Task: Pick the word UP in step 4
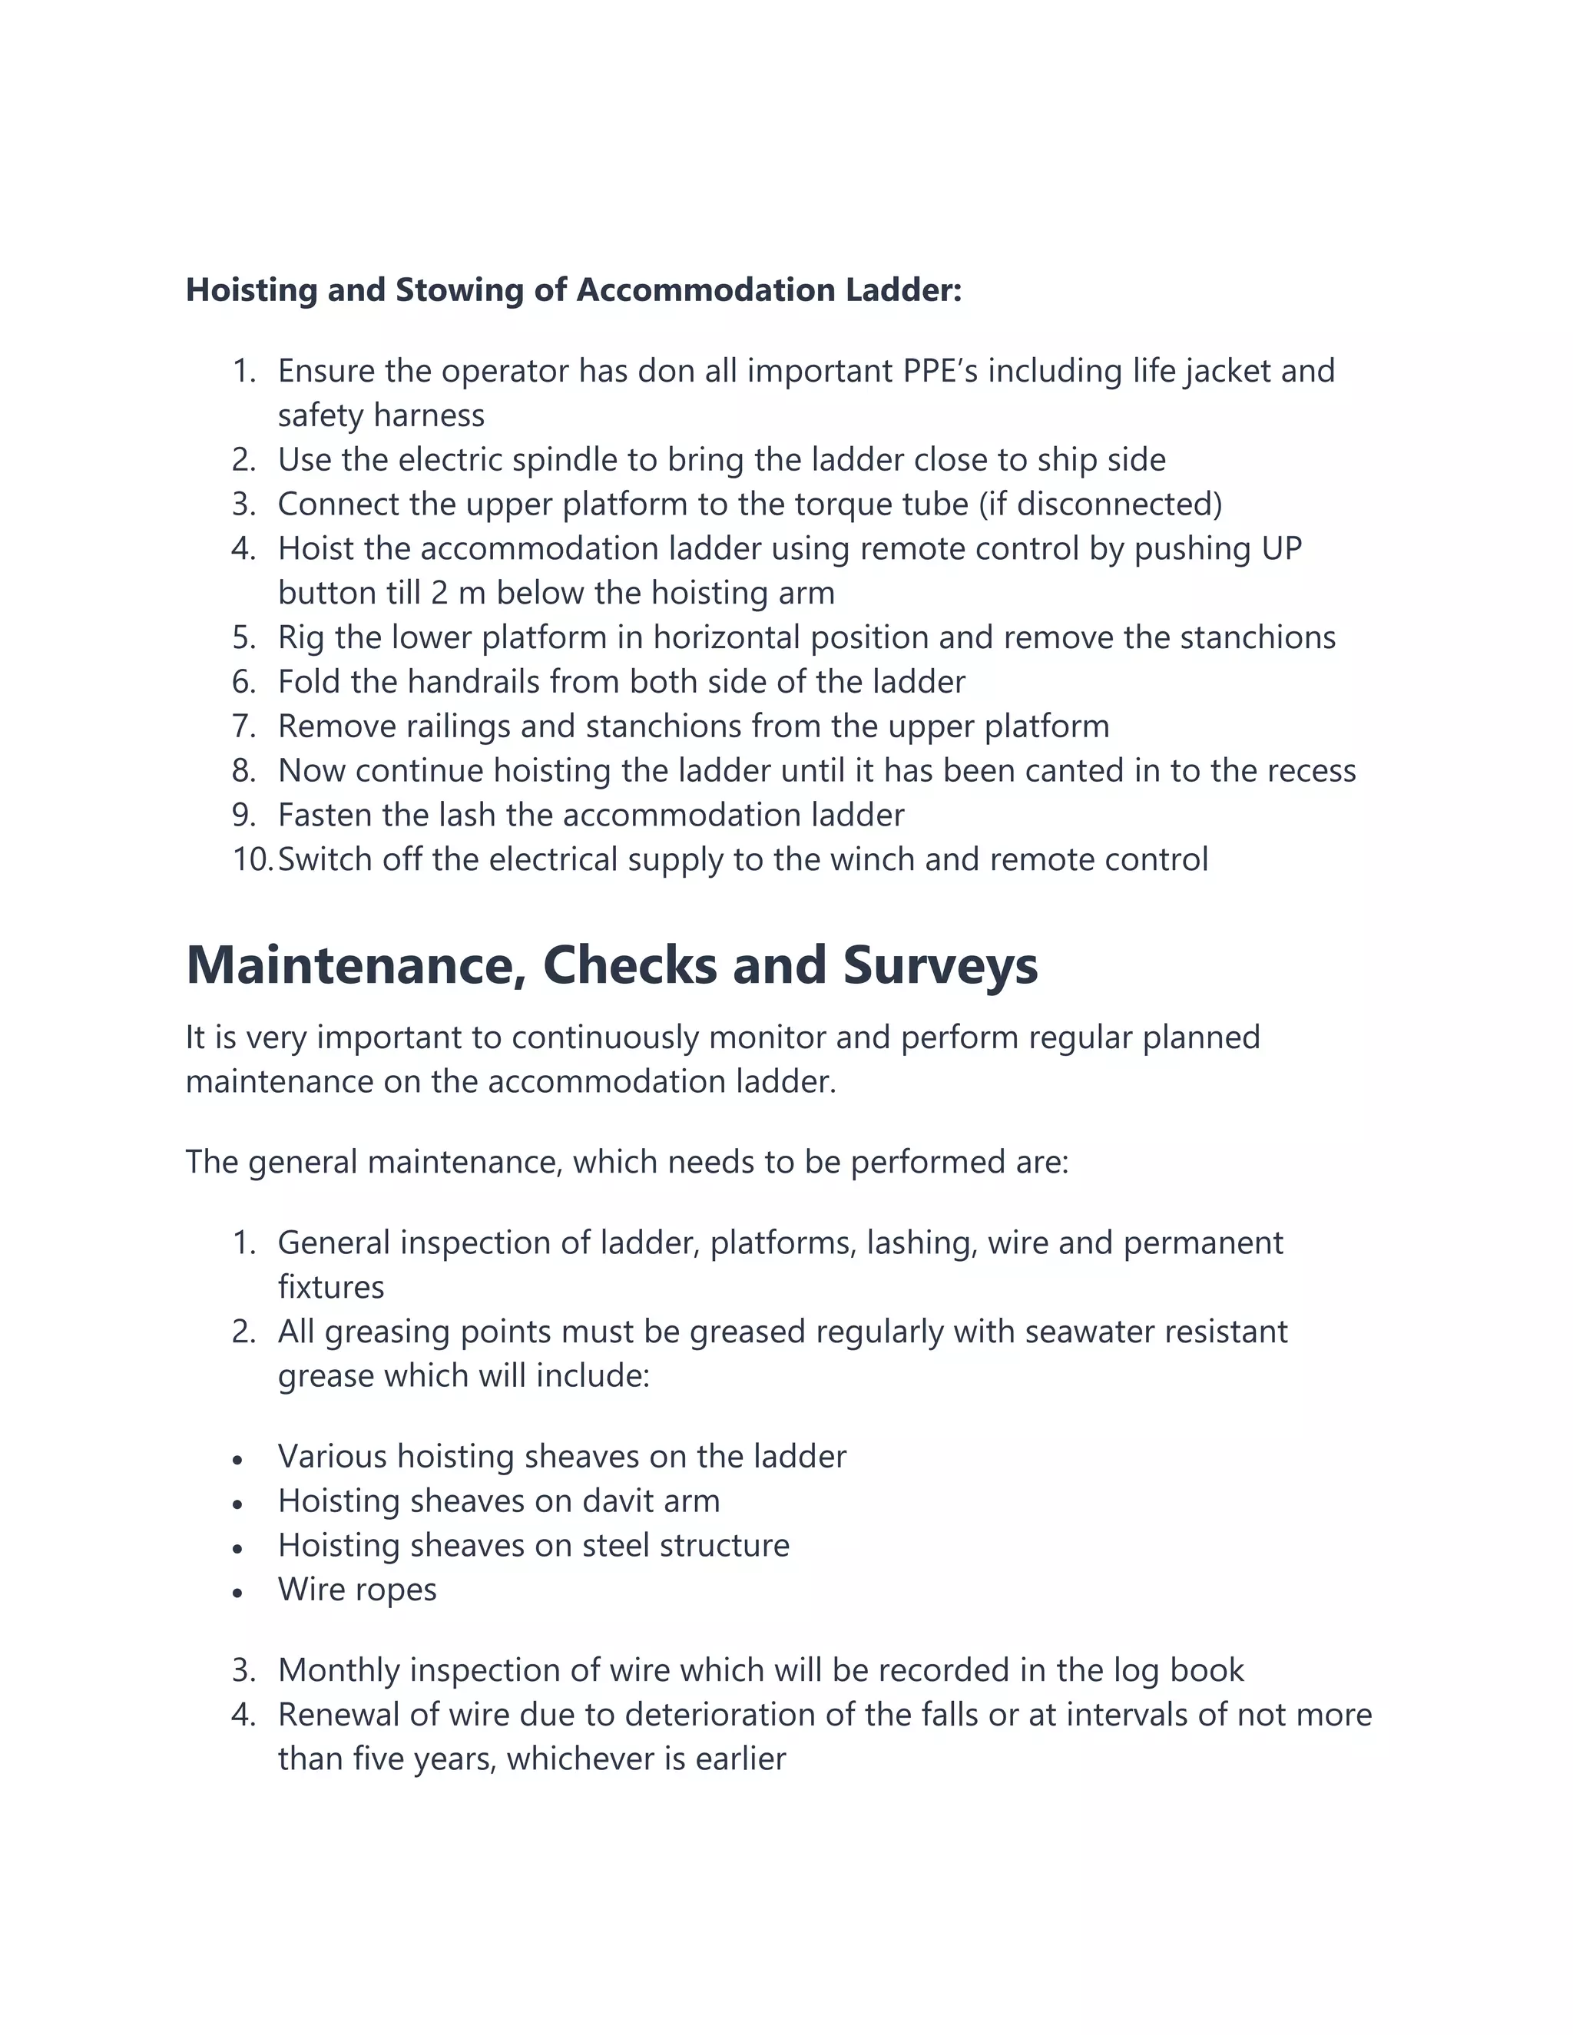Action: [x=1281, y=549]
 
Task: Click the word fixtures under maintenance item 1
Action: [x=331, y=1287]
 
